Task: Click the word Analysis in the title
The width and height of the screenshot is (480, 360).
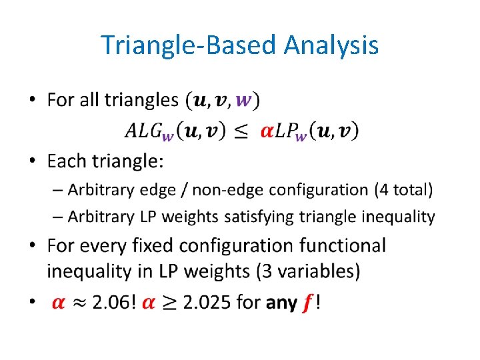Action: pos(331,46)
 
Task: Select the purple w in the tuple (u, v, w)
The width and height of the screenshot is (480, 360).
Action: pos(245,101)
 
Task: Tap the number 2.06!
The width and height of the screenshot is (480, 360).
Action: pos(114,303)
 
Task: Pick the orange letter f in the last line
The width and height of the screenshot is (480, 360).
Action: pos(307,303)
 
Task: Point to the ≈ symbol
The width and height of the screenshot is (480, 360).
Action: pos(79,303)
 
